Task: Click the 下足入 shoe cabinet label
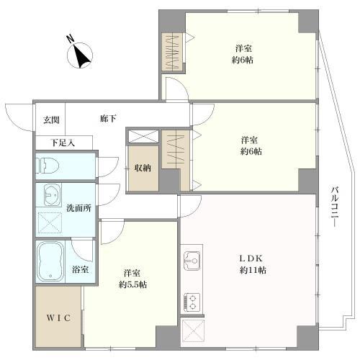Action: (x=61, y=143)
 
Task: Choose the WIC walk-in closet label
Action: (x=58, y=318)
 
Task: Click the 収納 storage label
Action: (x=142, y=168)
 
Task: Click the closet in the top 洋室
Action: (x=173, y=53)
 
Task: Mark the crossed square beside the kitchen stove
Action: (x=194, y=331)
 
